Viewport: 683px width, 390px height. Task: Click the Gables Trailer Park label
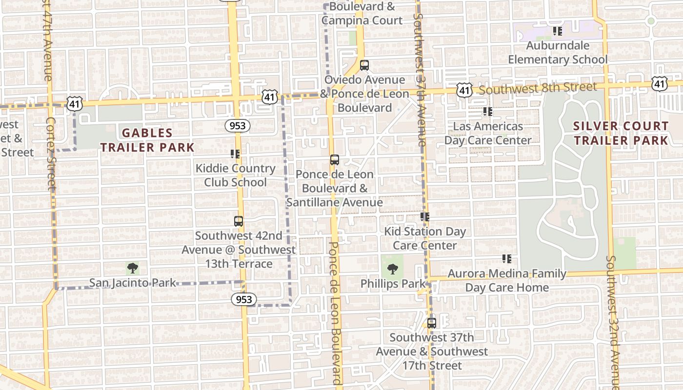pyautogui.click(x=147, y=140)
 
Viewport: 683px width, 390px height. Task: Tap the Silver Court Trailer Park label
pyautogui.click(x=621, y=133)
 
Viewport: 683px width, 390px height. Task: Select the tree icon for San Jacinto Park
pyautogui.click(x=132, y=268)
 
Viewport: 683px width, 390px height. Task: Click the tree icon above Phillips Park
pyautogui.click(x=392, y=269)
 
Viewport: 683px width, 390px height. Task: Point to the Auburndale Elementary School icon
pyautogui.click(x=558, y=31)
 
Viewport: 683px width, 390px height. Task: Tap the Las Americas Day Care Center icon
pyautogui.click(x=487, y=112)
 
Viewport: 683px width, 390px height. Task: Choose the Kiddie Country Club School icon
pyautogui.click(x=235, y=154)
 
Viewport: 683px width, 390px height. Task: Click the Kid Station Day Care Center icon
pyautogui.click(x=424, y=217)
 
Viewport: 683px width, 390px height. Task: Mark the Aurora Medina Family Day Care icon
pyautogui.click(x=507, y=259)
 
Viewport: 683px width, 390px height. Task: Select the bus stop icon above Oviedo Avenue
pyautogui.click(x=364, y=65)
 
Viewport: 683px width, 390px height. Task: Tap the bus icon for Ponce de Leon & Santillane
pyautogui.click(x=334, y=159)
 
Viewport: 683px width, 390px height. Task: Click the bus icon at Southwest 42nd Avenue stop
pyautogui.click(x=238, y=221)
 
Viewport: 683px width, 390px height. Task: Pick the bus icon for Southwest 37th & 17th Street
pyautogui.click(x=431, y=323)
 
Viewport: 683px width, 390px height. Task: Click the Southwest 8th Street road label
pyautogui.click(x=537, y=88)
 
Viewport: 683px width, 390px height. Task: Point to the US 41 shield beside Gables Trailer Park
pyautogui.click(x=75, y=103)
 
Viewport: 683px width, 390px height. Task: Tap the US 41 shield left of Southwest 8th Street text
pyautogui.click(x=464, y=89)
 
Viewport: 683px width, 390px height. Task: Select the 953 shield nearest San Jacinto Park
pyautogui.click(x=243, y=299)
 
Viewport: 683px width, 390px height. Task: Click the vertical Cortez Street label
pyautogui.click(x=51, y=154)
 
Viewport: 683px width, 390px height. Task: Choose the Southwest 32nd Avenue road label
pyautogui.click(x=613, y=322)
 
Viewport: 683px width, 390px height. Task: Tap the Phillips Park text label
pyautogui.click(x=393, y=283)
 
